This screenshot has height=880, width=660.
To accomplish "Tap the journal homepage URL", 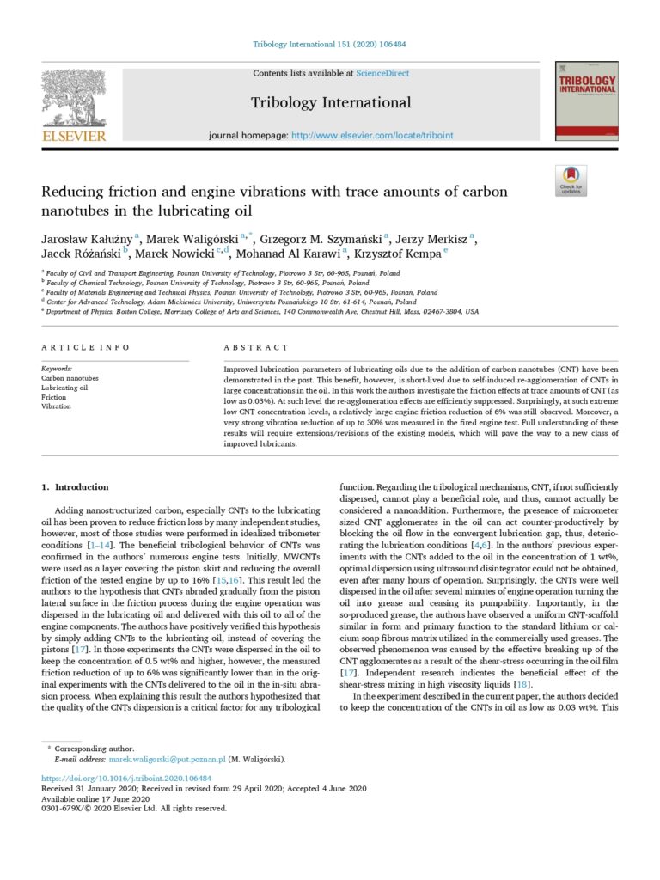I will pos(372,136).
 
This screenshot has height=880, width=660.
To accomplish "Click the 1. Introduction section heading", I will pos(76,486).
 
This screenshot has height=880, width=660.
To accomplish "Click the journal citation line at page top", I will pos(330,45).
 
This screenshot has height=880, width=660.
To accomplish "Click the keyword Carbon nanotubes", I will pos(70,378).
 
